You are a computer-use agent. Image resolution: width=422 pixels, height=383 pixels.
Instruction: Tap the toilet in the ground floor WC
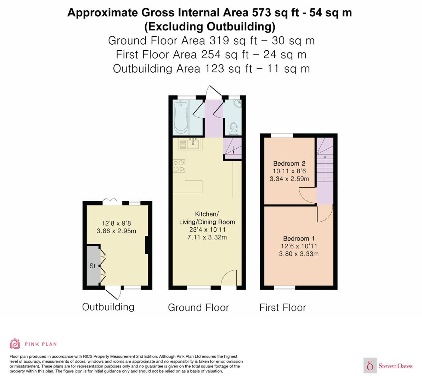234,129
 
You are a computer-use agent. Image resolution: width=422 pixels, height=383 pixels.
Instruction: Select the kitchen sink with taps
193,144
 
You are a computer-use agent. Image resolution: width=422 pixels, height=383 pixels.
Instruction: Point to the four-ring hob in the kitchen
179,166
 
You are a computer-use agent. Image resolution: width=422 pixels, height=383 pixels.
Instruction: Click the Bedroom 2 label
289,163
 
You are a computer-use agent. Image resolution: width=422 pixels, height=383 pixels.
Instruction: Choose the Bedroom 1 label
299,238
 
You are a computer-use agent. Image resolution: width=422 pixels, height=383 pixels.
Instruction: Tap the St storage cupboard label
93,266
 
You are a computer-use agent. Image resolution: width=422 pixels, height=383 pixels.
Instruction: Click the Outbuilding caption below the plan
108,307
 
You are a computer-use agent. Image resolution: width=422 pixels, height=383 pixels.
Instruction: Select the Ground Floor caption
198,307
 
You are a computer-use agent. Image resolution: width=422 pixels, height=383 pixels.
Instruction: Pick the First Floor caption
282,307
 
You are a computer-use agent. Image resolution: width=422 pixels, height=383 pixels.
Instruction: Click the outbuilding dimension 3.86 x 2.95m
116,231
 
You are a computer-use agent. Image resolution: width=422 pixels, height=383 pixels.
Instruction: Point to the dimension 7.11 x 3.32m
207,237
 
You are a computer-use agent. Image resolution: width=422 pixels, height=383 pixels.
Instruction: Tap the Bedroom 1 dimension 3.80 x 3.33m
299,254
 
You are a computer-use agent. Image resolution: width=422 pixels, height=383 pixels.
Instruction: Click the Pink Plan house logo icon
15,344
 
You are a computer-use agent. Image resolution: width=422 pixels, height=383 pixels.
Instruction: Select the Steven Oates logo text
395,366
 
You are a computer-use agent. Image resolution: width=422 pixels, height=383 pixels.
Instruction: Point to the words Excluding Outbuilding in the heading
210,27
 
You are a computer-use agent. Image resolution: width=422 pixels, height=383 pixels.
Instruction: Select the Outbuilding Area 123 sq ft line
211,69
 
